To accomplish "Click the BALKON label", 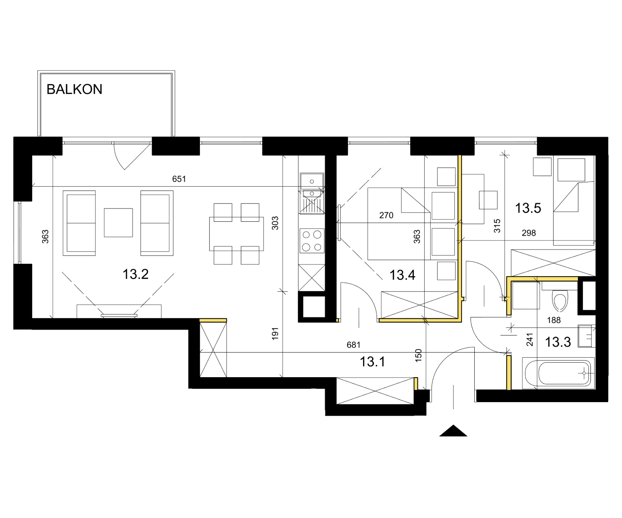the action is click(75, 89).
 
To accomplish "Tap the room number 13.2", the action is click(135, 274).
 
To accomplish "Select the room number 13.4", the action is click(402, 275).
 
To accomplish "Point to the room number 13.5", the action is click(528, 208).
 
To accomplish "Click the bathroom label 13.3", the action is click(558, 342).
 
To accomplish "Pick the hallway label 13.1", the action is click(373, 362).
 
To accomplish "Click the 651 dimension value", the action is click(179, 179).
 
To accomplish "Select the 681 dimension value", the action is click(353, 345).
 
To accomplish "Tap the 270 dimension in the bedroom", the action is click(386, 215).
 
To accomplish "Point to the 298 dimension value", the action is click(529, 233).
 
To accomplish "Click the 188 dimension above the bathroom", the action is click(554, 320).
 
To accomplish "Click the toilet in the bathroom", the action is click(560, 300).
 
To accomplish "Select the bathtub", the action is click(559, 373).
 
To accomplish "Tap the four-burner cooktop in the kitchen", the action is click(312, 241).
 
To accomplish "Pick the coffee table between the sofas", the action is click(118, 223).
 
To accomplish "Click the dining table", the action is click(236, 234).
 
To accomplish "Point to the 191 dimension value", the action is click(275, 334).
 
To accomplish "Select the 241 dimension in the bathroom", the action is click(529, 340).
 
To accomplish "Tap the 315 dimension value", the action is click(497, 226).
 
